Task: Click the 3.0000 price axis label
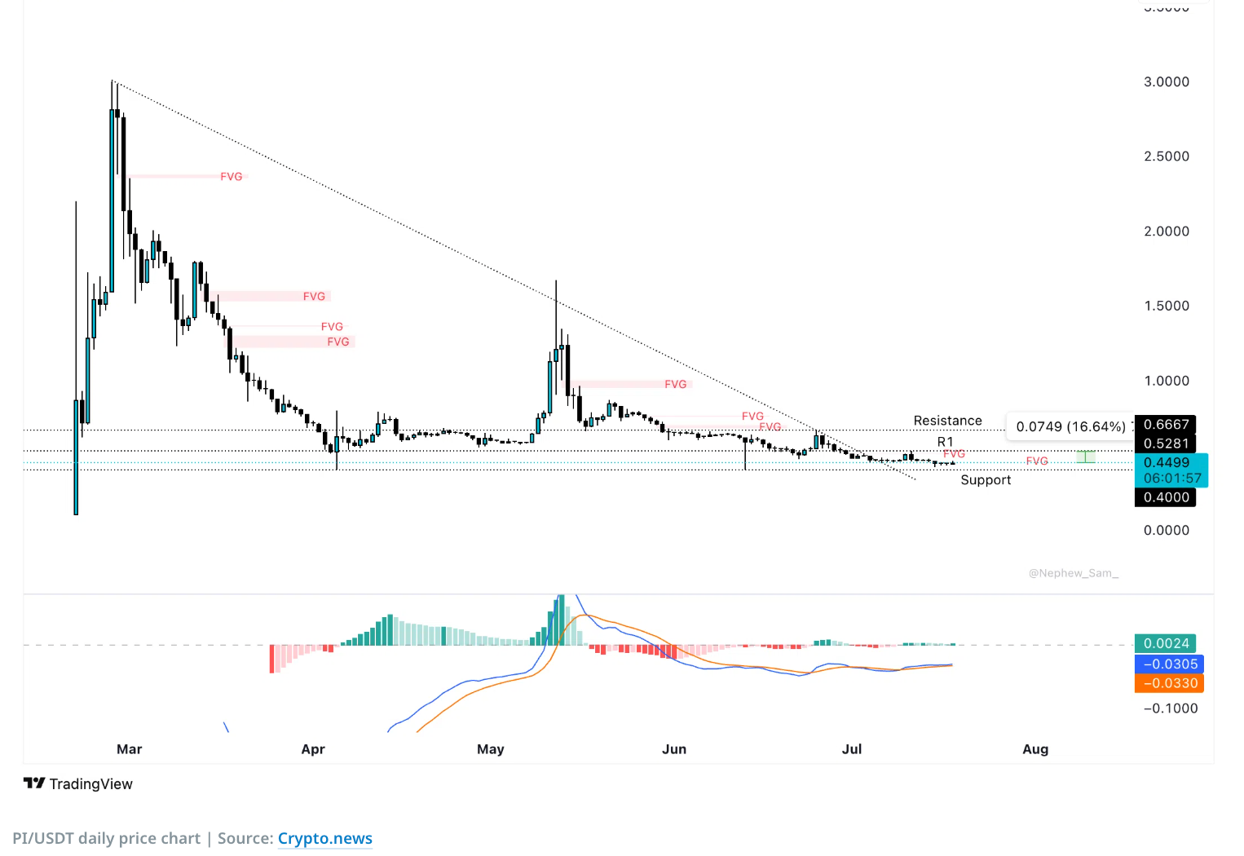[1166, 82]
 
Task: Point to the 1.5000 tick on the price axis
[1166, 306]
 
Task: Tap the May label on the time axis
[490, 749]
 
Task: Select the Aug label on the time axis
[1035, 749]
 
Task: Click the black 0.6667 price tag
[1166, 425]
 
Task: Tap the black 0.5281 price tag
[1166, 443]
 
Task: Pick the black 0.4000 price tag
[1166, 497]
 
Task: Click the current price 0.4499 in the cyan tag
[1166, 462]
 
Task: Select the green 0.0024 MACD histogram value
[1166, 643]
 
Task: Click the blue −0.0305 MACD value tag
[1169, 664]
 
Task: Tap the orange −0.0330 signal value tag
[1169, 683]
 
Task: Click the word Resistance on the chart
[947, 421]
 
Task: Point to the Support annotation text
[986, 480]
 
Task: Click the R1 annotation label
[945, 442]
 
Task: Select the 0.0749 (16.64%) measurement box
[1070, 426]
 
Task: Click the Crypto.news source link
[324, 838]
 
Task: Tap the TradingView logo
[78, 783]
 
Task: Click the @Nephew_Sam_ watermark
[1073, 573]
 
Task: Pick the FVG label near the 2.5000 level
[231, 176]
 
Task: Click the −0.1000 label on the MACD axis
[1171, 708]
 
